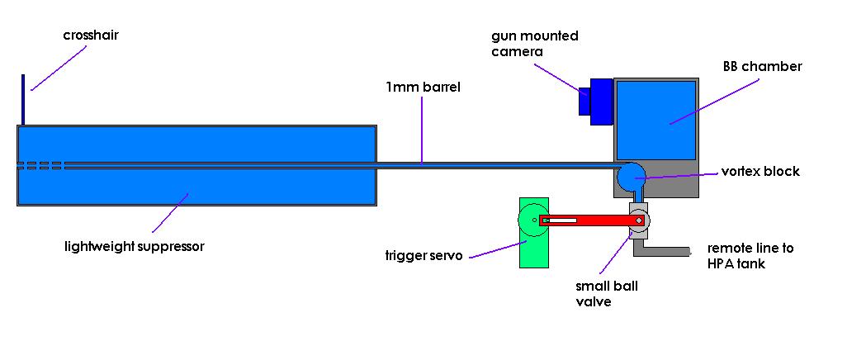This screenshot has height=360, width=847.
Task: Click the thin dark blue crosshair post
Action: (x=23, y=100)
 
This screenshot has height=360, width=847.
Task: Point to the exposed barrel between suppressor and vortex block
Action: (x=495, y=164)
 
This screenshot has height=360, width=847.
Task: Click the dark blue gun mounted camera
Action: (x=596, y=100)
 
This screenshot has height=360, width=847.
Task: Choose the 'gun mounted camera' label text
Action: (x=534, y=44)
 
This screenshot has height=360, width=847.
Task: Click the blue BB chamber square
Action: (x=656, y=121)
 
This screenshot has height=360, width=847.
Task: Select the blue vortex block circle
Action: (x=632, y=176)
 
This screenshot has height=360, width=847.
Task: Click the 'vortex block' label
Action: (x=760, y=172)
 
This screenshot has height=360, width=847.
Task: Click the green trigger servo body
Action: (x=533, y=248)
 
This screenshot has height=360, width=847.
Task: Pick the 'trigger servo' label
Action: (x=426, y=255)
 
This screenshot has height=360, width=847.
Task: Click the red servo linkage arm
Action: (x=586, y=220)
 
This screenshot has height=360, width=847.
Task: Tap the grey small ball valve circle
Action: (x=640, y=220)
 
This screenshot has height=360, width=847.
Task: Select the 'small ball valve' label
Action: (x=607, y=294)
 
